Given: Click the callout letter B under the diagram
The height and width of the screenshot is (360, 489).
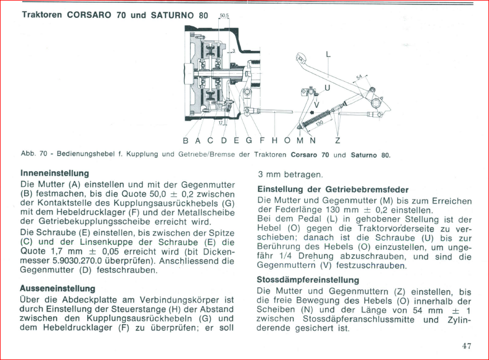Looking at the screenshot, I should [x=186, y=140].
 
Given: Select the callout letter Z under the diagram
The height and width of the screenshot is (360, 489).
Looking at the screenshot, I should [x=337, y=140].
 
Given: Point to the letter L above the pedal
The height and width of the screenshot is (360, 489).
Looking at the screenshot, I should [x=328, y=54].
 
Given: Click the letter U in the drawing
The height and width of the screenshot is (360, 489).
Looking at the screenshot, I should [x=327, y=88].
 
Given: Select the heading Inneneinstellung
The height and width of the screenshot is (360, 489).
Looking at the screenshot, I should [x=54, y=173].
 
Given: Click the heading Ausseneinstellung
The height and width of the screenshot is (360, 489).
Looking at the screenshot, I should [x=58, y=288].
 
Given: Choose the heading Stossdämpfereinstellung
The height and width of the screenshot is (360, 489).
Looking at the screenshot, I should [x=308, y=280].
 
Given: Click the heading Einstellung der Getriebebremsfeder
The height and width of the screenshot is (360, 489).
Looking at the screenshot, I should [x=332, y=190].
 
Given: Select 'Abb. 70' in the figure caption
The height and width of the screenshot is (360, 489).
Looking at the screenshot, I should [x=32, y=154].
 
